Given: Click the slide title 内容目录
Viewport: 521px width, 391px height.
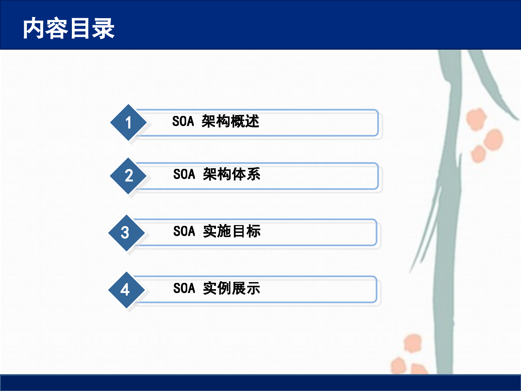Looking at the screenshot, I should point(69,28).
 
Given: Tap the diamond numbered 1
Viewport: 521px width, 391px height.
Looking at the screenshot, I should point(128,122).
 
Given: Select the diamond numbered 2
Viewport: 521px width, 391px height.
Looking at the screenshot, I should point(128,176).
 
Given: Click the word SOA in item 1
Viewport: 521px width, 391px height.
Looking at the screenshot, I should point(183,121).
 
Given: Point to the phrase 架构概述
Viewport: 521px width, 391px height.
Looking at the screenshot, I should point(230,121).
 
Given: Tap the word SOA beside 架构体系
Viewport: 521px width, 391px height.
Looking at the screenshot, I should point(184,174).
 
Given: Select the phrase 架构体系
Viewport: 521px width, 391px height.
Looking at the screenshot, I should point(232,174).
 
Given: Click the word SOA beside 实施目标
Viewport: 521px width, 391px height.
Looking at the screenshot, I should point(184,231).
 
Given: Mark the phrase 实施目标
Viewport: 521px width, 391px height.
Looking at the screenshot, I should point(232,231).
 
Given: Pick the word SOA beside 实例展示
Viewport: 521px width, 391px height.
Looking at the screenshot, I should point(184,288).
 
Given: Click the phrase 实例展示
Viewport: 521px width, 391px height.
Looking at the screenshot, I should point(232,288).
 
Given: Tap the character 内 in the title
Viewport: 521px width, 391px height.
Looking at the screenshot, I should point(34,28).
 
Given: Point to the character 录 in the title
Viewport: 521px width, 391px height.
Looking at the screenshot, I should point(103,28).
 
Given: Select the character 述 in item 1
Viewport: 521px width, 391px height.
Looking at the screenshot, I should point(252,121).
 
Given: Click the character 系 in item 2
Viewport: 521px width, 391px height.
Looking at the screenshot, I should point(253,174).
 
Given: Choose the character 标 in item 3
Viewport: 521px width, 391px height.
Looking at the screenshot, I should point(253,231).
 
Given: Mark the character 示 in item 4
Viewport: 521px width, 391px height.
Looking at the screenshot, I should point(253,288).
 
